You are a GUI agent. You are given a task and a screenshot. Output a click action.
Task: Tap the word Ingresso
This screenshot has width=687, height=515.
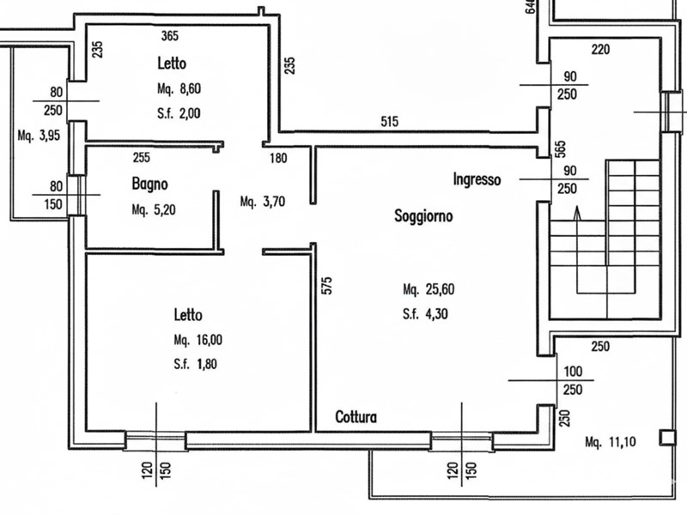(477, 179)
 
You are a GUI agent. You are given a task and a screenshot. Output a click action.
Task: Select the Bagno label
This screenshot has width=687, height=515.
(149, 184)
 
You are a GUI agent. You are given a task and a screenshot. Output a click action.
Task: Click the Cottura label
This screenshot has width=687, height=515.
(356, 418)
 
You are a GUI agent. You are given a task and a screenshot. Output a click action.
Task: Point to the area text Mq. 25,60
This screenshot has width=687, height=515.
(427, 289)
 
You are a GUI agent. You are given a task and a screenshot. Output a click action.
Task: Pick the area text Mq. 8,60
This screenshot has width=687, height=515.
(181, 88)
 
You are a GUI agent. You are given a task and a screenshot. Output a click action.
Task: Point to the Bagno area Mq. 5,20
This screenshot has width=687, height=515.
(155, 209)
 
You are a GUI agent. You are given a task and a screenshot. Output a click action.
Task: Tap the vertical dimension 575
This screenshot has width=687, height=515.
(326, 285)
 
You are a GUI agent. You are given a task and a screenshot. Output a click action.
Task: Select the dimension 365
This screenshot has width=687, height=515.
(170, 35)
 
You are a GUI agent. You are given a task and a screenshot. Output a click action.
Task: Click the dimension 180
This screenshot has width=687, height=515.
(278, 158)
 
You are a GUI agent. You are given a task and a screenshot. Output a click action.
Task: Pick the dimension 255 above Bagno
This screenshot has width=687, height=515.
(143, 158)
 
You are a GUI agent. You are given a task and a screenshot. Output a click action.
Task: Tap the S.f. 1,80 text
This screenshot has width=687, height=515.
(194, 363)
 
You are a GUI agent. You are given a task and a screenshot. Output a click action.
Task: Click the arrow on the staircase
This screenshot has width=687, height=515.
(577, 213)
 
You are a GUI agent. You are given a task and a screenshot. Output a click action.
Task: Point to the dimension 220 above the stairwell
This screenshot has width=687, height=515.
(600, 49)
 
